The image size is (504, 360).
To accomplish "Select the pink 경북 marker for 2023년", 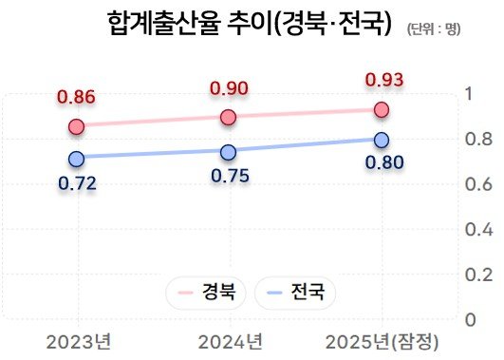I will click(77, 126).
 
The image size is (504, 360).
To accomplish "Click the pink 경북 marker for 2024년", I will click(228, 118).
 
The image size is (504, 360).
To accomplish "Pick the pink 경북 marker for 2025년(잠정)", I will click(381, 110).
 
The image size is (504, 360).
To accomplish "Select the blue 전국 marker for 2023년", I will click(77, 159).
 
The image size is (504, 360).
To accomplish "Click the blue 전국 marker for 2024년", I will click(228, 152).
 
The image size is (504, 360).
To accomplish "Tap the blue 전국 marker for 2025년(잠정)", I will click(381, 141).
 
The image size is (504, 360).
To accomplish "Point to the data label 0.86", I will click(77, 97).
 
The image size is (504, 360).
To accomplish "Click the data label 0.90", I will click(228, 89).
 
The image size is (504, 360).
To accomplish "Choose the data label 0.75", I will click(228, 176).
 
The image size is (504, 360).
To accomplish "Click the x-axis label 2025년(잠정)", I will click(383, 341).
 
